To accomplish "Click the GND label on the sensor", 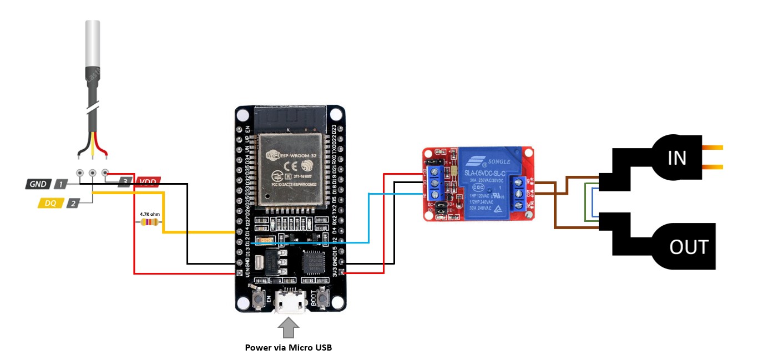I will (38, 184).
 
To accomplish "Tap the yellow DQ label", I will (50, 204).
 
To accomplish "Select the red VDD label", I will (147, 181).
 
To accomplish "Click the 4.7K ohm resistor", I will (148, 222).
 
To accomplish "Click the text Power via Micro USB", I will (289, 348).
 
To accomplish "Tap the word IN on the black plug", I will (676, 158).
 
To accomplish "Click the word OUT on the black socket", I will (689, 247).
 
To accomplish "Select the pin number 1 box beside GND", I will (60, 184).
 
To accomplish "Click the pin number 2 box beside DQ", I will (73, 204).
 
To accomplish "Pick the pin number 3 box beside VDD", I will (125, 181).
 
